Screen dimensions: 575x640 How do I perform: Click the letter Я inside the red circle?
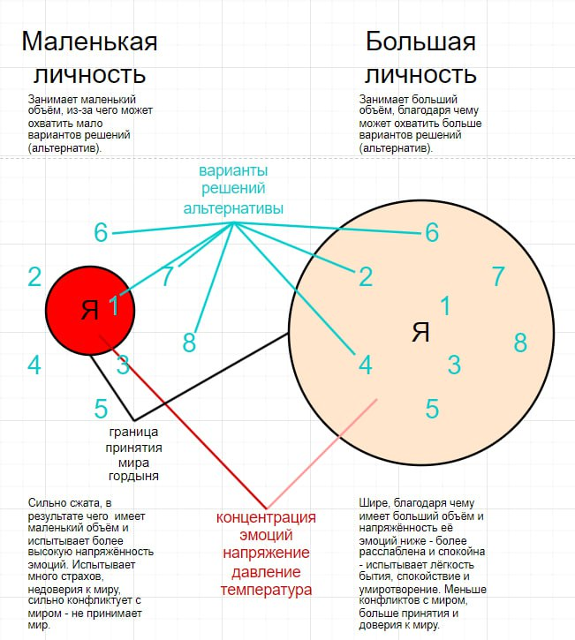tap(89, 310)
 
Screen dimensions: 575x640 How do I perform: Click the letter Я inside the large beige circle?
tap(420, 332)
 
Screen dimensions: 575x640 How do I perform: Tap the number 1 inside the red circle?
tap(114, 306)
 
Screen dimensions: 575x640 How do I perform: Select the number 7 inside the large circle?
tap(498, 276)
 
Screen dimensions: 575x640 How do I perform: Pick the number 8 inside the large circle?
tap(520, 343)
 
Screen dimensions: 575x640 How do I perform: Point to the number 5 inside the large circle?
tap(432, 409)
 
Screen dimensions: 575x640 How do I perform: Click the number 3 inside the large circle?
tap(454, 364)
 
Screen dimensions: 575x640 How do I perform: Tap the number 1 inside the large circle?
tap(445, 305)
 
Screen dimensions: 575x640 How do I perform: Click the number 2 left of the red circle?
tap(34, 277)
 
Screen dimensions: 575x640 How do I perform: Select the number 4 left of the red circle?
tap(34, 364)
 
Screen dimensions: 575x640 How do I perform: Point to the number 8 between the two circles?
tap(189, 343)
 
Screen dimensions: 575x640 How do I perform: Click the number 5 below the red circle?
tap(102, 409)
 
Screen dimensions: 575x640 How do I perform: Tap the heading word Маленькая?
tap(89, 41)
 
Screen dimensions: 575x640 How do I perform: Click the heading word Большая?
tap(420, 41)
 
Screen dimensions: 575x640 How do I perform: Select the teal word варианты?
tap(233, 169)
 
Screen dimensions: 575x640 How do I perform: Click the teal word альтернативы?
tap(233, 208)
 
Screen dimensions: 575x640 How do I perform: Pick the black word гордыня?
tap(133, 477)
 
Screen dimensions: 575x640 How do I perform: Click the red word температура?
tap(266, 589)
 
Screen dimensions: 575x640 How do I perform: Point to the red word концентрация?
tap(266, 517)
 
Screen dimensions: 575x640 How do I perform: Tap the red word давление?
tap(266, 570)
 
